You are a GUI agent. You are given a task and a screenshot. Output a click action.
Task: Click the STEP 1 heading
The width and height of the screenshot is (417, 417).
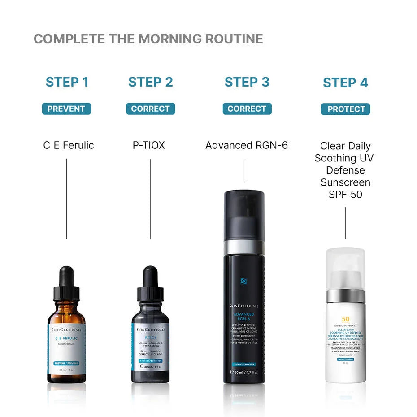pos(67,82)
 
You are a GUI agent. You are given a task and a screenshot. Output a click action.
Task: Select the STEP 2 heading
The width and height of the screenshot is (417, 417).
pos(150,82)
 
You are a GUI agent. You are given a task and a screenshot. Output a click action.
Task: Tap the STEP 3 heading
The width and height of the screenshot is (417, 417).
pos(247,82)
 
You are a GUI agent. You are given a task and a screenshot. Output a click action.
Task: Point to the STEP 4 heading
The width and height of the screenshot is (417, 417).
pos(345,83)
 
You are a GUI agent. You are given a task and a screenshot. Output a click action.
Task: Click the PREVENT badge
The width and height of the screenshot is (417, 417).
pos(66,109)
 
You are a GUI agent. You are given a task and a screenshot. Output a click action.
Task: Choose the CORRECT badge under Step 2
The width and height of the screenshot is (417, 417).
pos(150,109)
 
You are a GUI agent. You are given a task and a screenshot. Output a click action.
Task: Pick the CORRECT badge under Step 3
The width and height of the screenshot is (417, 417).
pos(247,109)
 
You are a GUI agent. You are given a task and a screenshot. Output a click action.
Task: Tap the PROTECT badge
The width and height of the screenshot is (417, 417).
pos(345,109)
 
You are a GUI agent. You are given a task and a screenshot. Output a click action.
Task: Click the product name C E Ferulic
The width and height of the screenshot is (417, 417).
pos(68,145)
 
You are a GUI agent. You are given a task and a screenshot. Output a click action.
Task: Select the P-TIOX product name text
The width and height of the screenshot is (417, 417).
pos(148,145)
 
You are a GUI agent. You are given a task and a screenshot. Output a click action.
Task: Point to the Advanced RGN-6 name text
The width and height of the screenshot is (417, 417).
pos(246,145)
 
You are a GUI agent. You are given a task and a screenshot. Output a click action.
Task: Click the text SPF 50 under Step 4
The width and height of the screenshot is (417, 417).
pos(345,195)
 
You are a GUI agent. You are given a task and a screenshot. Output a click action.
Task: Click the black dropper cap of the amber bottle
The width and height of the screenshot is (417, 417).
pos(66,287)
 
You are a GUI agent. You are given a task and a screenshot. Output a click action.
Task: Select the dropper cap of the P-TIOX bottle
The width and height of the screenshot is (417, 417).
pos(150,287)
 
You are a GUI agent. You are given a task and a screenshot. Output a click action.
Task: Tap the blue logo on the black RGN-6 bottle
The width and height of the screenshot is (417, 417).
pos(243,281)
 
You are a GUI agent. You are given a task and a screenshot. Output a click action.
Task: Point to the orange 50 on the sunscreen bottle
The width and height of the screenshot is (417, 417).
pos(345,319)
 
